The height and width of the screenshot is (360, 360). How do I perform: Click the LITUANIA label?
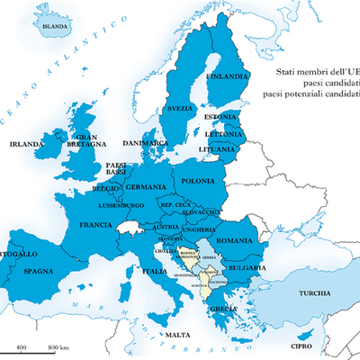[x=218, y=148]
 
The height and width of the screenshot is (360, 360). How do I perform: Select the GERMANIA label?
[x=146, y=187]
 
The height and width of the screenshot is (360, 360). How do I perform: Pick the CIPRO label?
[x=301, y=346]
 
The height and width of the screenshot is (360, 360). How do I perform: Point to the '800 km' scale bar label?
[x=59, y=346]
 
